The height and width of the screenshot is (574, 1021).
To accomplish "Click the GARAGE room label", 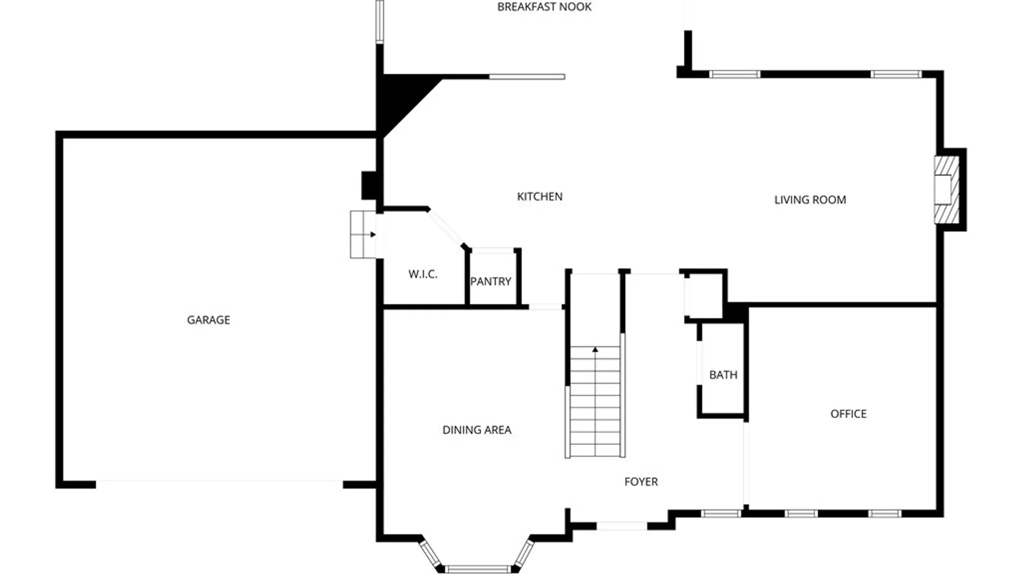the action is pyautogui.click(x=208, y=320).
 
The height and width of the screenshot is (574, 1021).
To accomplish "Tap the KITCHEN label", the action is pyautogui.click(x=540, y=197).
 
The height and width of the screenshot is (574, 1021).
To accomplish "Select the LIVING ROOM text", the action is pyautogui.click(x=810, y=200).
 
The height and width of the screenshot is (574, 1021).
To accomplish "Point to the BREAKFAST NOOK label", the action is pyautogui.click(x=544, y=7).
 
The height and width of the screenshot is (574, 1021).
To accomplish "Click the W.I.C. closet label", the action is pyautogui.click(x=423, y=274).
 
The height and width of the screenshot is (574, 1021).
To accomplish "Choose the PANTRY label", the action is pyautogui.click(x=490, y=282).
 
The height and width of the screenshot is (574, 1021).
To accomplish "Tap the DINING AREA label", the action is pyautogui.click(x=477, y=430).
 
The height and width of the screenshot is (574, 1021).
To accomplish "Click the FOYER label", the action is pyautogui.click(x=641, y=482).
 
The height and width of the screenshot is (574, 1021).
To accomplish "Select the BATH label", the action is pyautogui.click(x=723, y=375).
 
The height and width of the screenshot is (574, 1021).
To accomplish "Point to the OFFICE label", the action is pyautogui.click(x=848, y=414).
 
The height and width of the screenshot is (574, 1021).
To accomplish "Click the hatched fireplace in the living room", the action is pyautogui.click(x=948, y=190).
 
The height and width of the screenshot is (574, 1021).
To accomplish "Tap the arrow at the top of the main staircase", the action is pyautogui.click(x=595, y=349).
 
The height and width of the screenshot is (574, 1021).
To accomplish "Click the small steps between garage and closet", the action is pyautogui.click(x=363, y=234).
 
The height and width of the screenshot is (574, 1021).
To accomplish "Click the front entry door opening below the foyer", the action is pyautogui.click(x=622, y=526).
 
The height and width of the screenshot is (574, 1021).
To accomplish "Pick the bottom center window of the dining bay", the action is pyautogui.click(x=478, y=569).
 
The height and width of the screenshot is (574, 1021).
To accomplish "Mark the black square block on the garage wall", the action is pyautogui.click(x=369, y=185).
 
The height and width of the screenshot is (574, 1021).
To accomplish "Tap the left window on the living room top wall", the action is pyautogui.click(x=735, y=74).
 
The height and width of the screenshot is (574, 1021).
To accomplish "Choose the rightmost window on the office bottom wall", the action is pyautogui.click(x=885, y=513).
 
